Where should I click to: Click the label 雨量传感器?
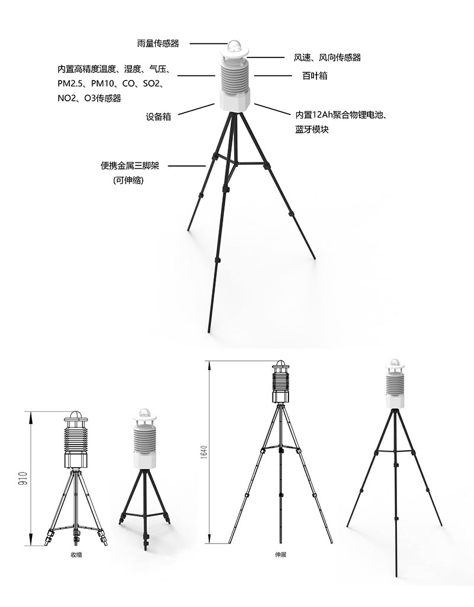click(x=158, y=43)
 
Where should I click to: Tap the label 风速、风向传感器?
click(x=327, y=57)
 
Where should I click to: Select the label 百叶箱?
click(x=315, y=75)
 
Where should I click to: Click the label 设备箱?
click(x=158, y=117)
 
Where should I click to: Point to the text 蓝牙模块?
click(x=312, y=130)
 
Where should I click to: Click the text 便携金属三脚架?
click(x=130, y=166)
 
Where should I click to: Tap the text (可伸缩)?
click(x=129, y=180)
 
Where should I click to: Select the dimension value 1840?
click(x=204, y=453)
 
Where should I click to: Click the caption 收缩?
click(x=76, y=554)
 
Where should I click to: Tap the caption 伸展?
click(x=280, y=555)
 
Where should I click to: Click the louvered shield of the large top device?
click(x=235, y=76)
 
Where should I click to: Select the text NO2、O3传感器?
click(x=89, y=98)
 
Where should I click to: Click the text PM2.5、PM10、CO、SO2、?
click(x=111, y=84)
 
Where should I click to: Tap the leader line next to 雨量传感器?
click(x=208, y=43)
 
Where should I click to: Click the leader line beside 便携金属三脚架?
click(x=187, y=166)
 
